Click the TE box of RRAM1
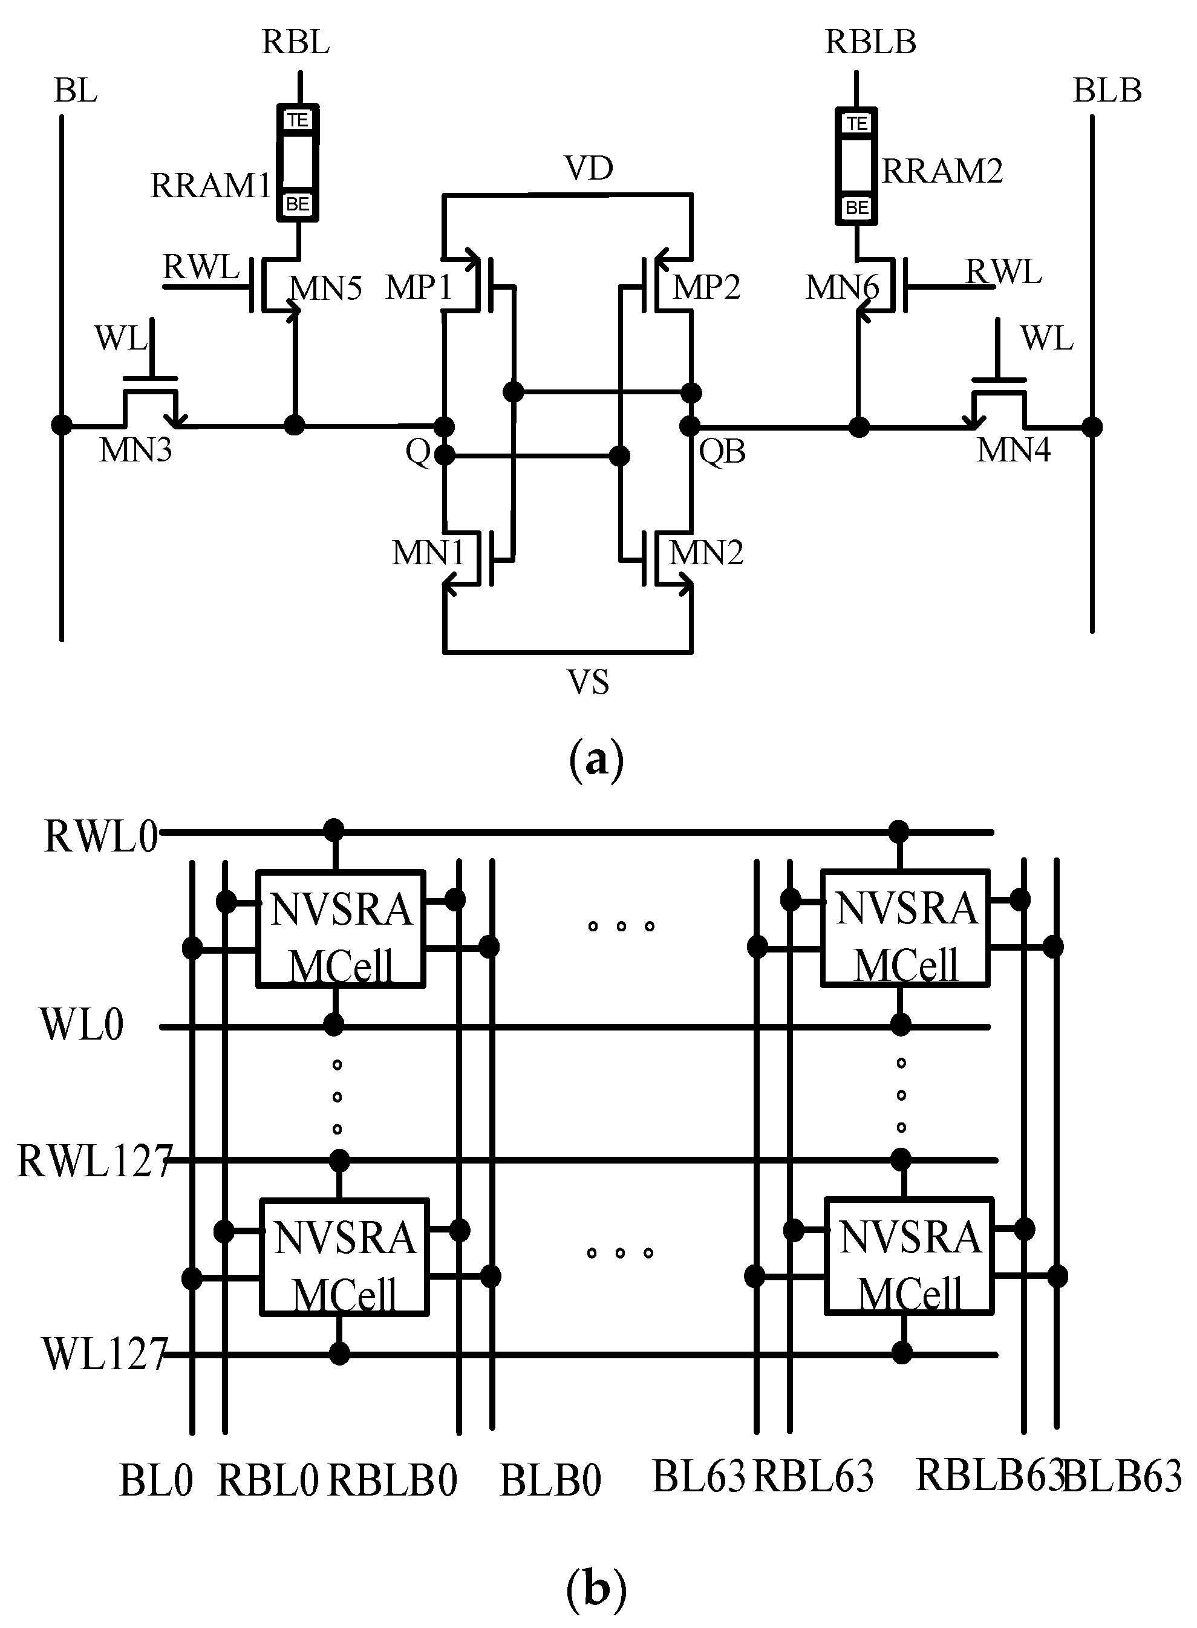pyautogui.click(x=298, y=120)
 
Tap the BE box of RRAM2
pyautogui.click(x=856, y=208)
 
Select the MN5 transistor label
pyautogui.click(x=326, y=288)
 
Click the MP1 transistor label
pyautogui.click(x=419, y=287)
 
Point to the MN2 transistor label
pyautogui.click(x=706, y=553)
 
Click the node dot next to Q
pyautogui.click(x=444, y=455)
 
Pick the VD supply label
pyautogui.click(x=589, y=169)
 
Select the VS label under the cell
pyautogui.click(x=588, y=682)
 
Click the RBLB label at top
pyautogui.click(x=870, y=42)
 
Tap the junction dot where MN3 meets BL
pyautogui.click(x=62, y=425)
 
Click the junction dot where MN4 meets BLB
pyautogui.click(x=1092, y=427)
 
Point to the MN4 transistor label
pyautogui.click(x=1013, y=451)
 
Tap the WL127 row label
pyautogui.click(x=105, y=1353)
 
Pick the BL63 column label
pyautogui.click(x=699, y=1477)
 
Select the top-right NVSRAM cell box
pyautogui.click(x=905, y=928)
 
